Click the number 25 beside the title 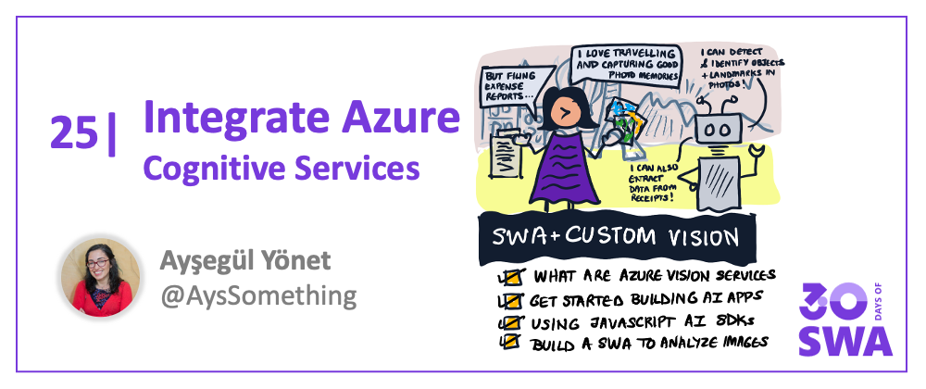(x=74, y=132)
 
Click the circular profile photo (x=101, y=278)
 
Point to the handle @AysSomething (x=258, y=295)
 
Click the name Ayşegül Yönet (x=245, y=260)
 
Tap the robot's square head (x=719, y=128)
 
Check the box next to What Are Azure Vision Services (x=510, y=277)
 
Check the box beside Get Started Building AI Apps (x=510, y=301)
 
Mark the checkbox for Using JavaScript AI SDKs (x=510, y=322)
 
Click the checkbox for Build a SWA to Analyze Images (x=510, y=341)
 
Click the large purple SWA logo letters (x=845, y=341)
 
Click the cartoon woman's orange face (x=566, y=110)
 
